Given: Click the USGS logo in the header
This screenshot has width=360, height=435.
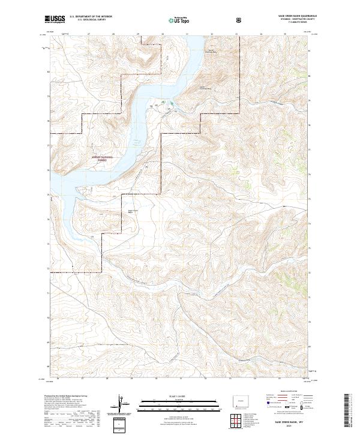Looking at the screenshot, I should tap(55, 19).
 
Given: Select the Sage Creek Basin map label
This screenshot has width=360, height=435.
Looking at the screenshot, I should tap(131, 211).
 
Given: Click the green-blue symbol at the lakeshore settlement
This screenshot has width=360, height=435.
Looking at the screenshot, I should tap(171, 107).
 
